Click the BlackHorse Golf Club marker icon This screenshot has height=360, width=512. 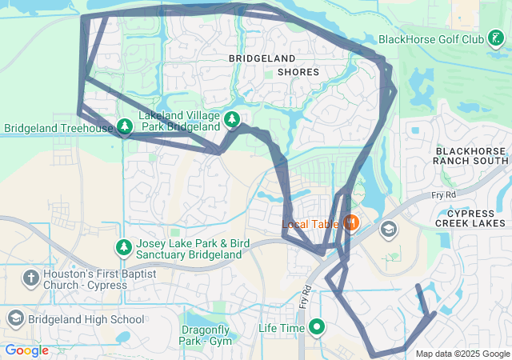(497, 38)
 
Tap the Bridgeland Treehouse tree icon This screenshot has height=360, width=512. (125, 127)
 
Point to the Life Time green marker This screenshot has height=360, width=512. (318, 327)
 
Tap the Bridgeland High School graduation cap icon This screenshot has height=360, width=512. (15, 319)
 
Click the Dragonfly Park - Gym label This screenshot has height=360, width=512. (206, 335)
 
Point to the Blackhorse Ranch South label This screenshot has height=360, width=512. (470, 156)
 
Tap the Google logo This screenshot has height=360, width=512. (27, 350)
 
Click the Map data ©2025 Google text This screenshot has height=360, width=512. (462, 354)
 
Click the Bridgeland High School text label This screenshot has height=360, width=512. (86, 319)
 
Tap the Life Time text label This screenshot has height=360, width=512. (281, 328)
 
